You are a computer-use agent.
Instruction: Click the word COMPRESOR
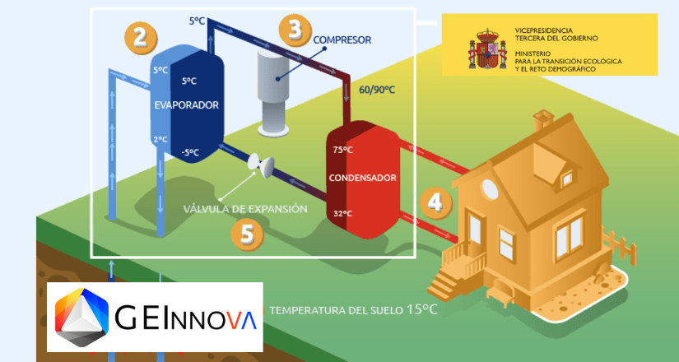click(x=342, y=39)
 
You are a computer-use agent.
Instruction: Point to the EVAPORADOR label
click(x=186, y=105)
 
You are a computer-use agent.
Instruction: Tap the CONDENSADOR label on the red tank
click(x=362, y=178)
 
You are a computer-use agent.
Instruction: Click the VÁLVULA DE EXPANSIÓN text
click(x=244, y=209)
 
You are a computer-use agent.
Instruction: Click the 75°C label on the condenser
click(x=342, y=150)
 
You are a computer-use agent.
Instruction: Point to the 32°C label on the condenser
click(x=342, y=214)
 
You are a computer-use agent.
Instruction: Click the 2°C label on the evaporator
click(x=160, y=139)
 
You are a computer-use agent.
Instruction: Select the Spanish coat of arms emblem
click(x=483, y=50)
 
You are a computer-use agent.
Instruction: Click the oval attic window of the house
click(x=491, y=189)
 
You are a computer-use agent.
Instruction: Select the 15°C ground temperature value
click(x=416, y=310)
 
